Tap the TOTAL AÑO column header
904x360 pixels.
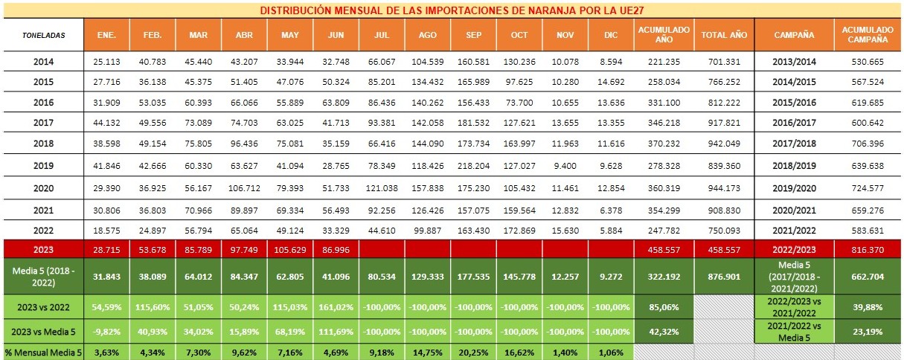tap(723, 35)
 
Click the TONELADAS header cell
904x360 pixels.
tap(43, 35)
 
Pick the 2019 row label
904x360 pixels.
tap(43, 147)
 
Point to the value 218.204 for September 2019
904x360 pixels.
tap(473, 147)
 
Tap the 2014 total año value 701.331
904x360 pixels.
tap(723, 62)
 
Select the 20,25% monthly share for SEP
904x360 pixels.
tap(473, 352)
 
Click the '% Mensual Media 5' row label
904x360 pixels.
tap(43, 352)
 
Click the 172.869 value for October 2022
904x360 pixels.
tap(519, 231)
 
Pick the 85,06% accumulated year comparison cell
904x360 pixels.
tap(664, 306)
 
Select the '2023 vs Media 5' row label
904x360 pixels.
tap(43, 329)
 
